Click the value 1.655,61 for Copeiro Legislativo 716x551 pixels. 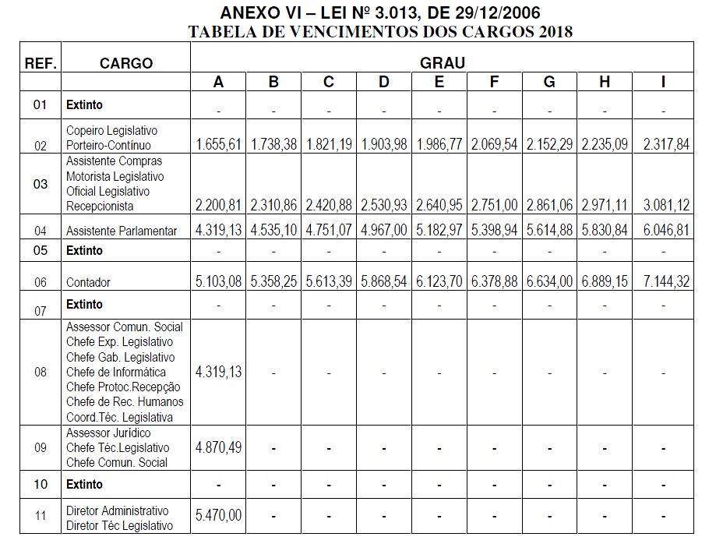(219, 145)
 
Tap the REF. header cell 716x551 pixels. (41, 63)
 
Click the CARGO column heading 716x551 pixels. (126, 63)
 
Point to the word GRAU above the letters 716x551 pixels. (443, 62)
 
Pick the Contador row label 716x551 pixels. (89, 282)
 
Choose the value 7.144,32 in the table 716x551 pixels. (663, 282)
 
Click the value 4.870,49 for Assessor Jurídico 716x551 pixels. (219, 447)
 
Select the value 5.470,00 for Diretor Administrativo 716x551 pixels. (219, 514)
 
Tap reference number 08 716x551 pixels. (41, 372)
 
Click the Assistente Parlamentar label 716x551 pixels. (122, 231)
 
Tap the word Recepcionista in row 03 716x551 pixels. (100, 206)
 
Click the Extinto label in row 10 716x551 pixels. (84, 484)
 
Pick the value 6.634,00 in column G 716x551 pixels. (549, 282)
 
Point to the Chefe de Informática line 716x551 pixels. (116, 372)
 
